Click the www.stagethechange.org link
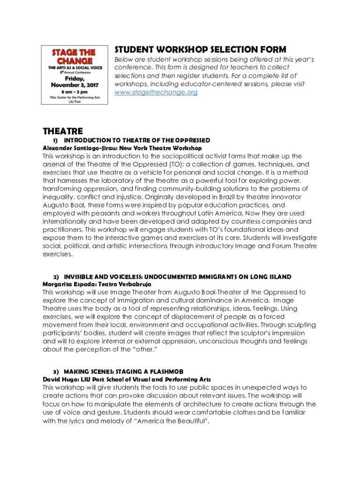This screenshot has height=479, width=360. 156,93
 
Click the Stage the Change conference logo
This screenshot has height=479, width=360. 73,75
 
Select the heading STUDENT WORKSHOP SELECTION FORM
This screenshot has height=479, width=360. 201,50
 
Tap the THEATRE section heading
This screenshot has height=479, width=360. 63,131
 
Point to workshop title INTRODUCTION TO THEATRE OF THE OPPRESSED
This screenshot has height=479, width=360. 137,140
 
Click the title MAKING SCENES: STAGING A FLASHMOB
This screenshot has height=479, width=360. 120,372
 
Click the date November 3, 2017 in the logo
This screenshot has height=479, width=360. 73,86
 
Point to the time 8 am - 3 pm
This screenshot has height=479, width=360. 73,94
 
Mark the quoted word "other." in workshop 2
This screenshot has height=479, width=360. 144,349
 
